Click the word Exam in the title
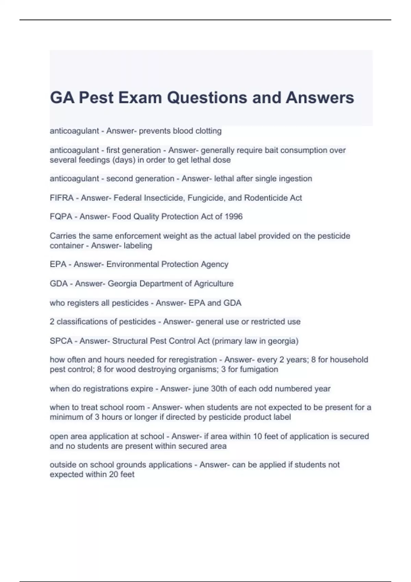tap(140, 98)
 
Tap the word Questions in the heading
tap(208, 98)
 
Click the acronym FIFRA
tap(62, 198)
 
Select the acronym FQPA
tap(61, 217)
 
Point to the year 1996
tap(234, 217)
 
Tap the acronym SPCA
tap(61, 341)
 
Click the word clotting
tap(208, 131)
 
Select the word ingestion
tap(296, 179)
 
